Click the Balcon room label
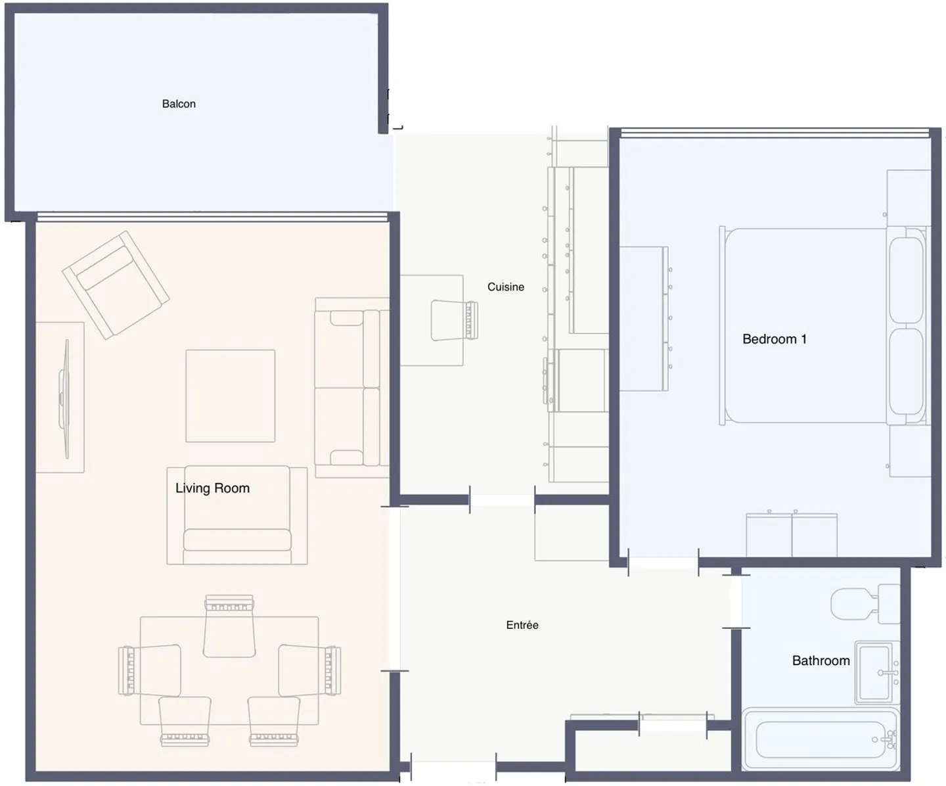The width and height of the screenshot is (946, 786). click(179, 104)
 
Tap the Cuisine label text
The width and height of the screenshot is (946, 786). click(506, 287)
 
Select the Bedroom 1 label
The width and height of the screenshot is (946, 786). click(775, 339)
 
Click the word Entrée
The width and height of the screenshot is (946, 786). click(522, 625)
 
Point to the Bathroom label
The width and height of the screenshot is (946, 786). click(821, 660)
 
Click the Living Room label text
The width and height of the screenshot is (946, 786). click(212, 488)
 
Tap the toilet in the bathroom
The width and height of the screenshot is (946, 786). click(865, 603)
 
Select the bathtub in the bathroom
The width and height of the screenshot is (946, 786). click(820, 739)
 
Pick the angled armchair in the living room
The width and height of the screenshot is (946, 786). click(116, 285)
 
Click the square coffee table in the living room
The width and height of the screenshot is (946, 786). click(230, 396)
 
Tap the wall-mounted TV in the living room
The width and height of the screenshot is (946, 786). click(64, 399)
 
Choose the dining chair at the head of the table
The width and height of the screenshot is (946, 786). click(229, 626)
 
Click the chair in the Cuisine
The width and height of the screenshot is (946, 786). click(454, 320)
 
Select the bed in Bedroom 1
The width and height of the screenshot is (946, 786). click(822, 326)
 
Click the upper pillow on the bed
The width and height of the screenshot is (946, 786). click(906, 280)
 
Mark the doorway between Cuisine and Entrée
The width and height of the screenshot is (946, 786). click(502, 500)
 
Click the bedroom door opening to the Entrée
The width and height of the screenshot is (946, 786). click(664, 563)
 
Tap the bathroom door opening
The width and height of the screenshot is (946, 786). click(736, 601)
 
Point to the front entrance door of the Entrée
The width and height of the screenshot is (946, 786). click(453, 767)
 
